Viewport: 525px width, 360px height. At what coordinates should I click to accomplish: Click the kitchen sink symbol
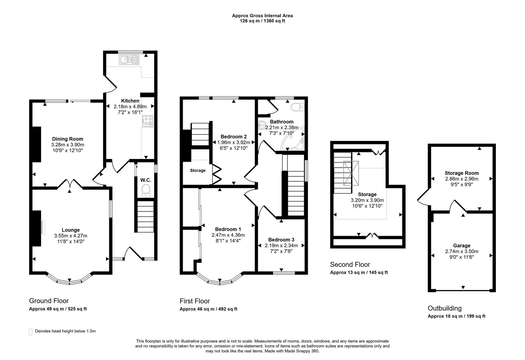click(x=130, y=60)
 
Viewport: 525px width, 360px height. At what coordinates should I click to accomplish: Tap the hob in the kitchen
click(x=148, y=121)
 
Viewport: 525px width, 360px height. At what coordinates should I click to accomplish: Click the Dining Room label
click(x=68, y=139)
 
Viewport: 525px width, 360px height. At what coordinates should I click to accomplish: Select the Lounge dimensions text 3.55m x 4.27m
click(x=71, y=236)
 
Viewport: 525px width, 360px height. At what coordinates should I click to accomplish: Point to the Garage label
click(x=462, y=246)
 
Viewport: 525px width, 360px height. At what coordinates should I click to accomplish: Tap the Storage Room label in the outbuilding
click(x=462, y=173)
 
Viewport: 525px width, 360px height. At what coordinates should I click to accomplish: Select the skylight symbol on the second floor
click(x=351, y=173)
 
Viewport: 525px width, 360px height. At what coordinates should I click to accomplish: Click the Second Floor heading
click(x=350, y=265)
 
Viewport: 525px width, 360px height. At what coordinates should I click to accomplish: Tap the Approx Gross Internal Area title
click(x=262, y=15)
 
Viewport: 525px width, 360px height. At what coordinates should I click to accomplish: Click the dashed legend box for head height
click(x=31, y=331)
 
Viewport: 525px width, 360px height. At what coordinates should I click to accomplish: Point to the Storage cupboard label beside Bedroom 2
click(x=198, y=170)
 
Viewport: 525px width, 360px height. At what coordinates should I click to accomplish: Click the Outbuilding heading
click(x=445, y=308)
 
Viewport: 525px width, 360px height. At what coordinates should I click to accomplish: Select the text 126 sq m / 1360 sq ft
click(x=262, y=21)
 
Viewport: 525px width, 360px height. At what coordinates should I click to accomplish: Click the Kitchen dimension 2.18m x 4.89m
click(x=130, y=107)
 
